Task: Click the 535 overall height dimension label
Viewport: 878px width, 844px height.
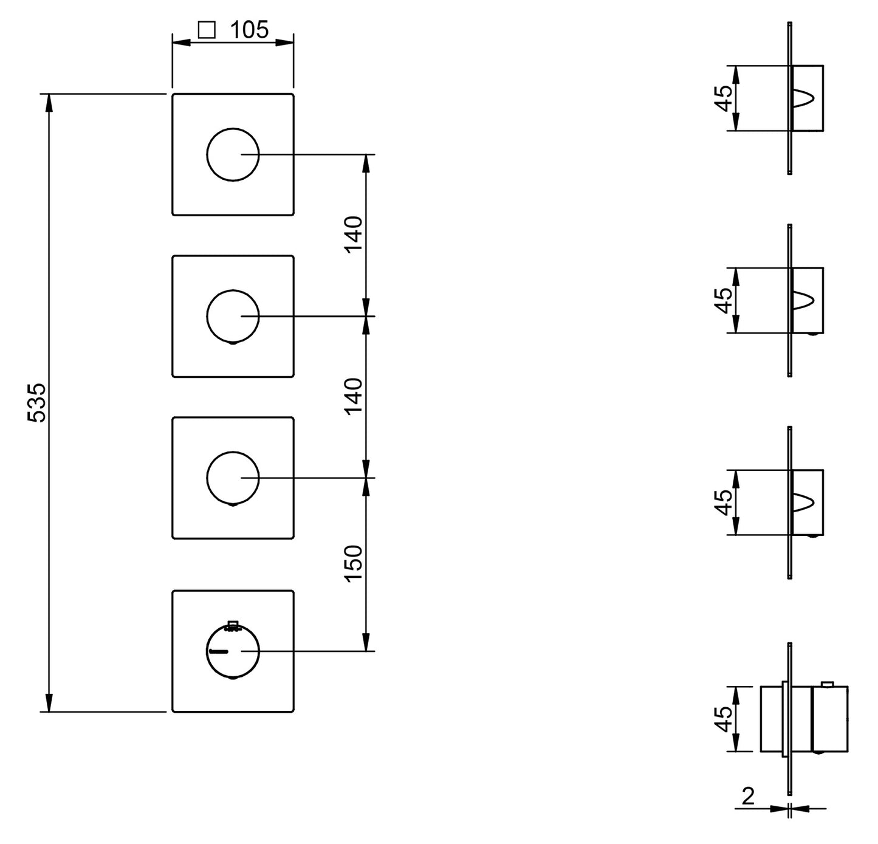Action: [36, 403]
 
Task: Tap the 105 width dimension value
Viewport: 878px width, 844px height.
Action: [250, 30]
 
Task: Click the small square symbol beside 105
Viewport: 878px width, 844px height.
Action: [207, 30]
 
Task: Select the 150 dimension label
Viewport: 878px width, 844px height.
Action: [353, 564]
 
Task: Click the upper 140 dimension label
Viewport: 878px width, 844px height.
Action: [353, 235]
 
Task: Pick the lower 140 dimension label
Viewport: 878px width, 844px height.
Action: [353, 396]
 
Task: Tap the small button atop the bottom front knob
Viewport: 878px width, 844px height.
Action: [233, 625]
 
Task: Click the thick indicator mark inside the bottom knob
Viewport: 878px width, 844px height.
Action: [219, 651]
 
